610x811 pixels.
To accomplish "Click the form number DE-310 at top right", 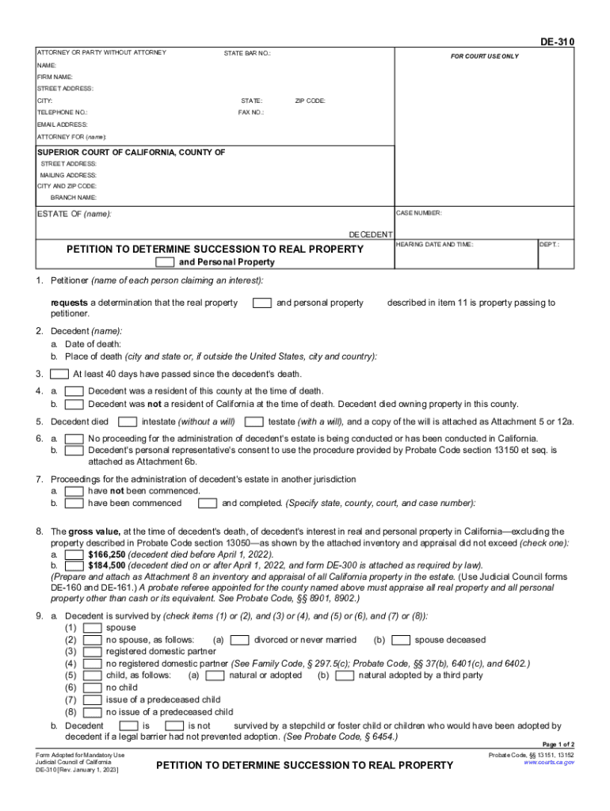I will [x=559, y=42].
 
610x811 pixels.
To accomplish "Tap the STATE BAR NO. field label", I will [x=247, y=53].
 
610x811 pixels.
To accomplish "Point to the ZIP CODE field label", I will [x=310, y=101].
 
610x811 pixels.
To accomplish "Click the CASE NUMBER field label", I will [x=419, y=213].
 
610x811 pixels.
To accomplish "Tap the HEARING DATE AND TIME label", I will [x=434, y=245].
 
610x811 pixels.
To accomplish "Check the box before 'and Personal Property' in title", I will [x=165, y=262].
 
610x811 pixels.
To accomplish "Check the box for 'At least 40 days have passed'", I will [x=59, y=374].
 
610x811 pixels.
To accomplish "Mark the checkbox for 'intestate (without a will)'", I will [x=129, y=421].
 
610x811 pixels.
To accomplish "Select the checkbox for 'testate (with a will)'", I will [x=254, y=421].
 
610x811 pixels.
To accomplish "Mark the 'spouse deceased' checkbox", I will [x=401, y=639].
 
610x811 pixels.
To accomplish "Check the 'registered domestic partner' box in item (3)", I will [x=91, y=651].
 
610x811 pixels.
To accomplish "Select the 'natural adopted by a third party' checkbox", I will [x=345, y=676].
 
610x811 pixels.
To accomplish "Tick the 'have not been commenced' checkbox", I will [x=74, y=491].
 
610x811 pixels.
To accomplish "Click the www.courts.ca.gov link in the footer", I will [x=549, y=763].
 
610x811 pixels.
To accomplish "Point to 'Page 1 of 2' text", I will [x=558, y=745].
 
